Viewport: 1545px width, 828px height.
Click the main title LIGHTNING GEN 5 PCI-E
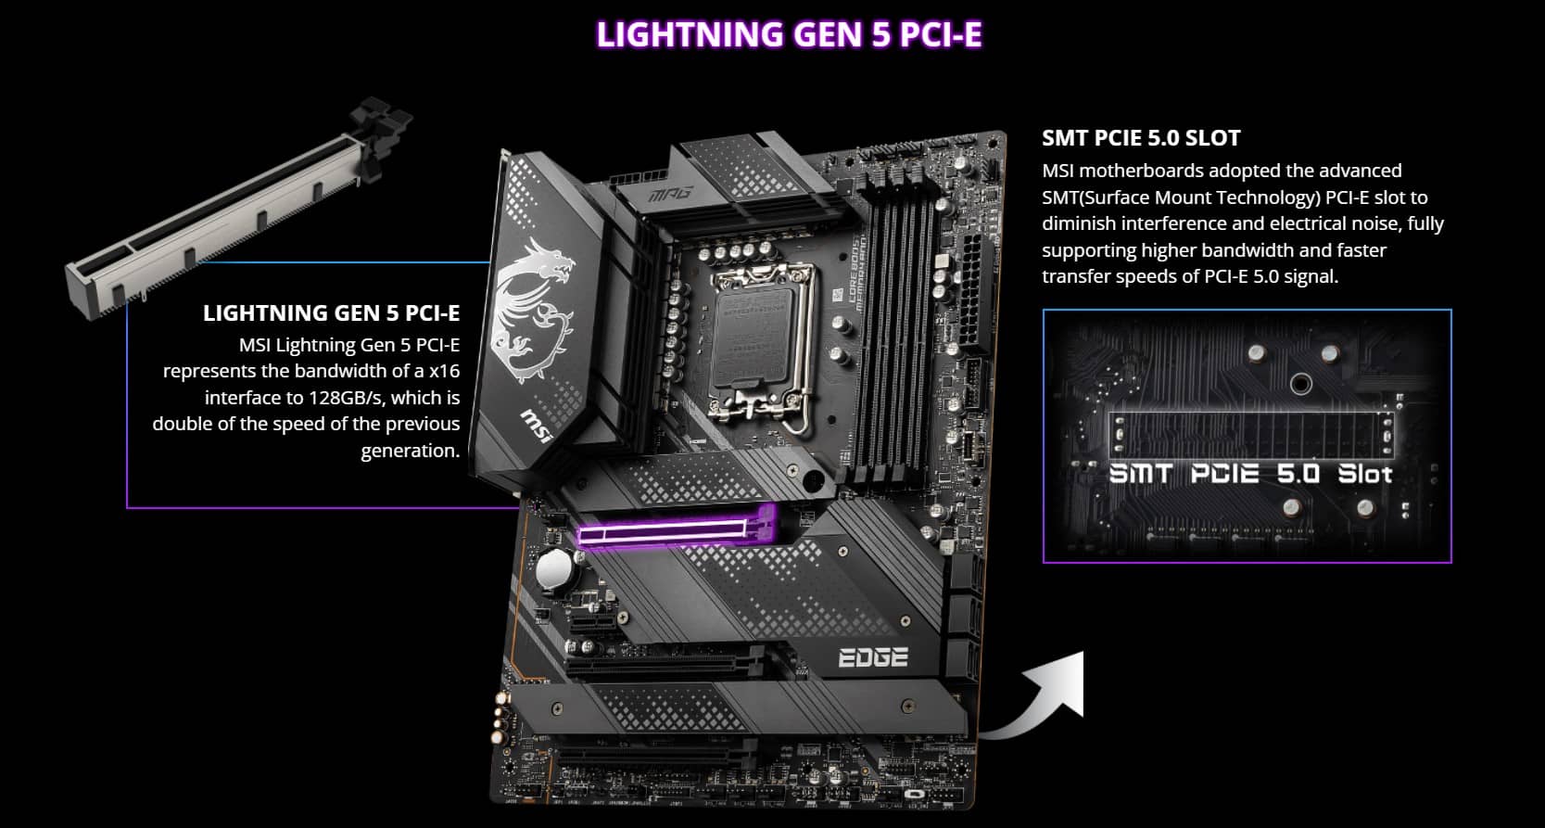pos(789,34)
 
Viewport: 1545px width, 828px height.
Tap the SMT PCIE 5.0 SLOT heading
pos(1140,138)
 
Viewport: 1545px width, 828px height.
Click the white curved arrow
pos(1038,700)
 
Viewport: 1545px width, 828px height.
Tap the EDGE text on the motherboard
pos(872,657)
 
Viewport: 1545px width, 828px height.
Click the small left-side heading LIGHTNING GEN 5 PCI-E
pos(331,312)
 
